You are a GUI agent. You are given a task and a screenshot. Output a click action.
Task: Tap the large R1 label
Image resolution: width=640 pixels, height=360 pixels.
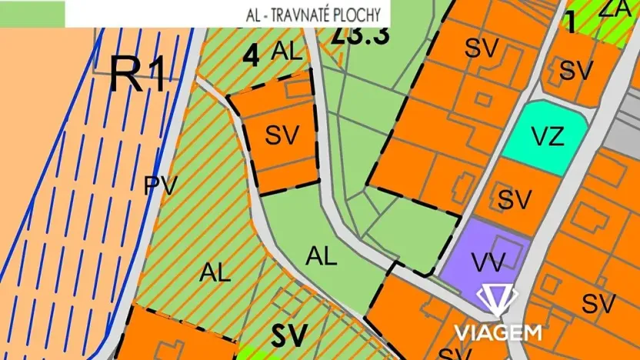click(x=138, y=75)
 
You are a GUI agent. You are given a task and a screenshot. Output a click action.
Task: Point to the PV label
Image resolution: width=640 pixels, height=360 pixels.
click(x=161, y=185)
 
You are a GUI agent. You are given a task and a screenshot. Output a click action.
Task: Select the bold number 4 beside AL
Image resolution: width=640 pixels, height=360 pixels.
click(x=250, y=57)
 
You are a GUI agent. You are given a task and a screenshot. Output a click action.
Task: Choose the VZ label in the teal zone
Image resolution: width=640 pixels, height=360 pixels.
click(x=549, y=138)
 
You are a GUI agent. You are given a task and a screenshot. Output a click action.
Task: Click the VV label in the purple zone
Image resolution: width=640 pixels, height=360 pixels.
click(x=488, y=262)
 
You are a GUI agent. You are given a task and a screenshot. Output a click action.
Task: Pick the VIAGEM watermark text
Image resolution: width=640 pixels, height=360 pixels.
click(x=498, y=332)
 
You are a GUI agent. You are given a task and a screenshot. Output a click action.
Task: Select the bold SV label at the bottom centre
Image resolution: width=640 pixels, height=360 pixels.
click(x=289, y=335)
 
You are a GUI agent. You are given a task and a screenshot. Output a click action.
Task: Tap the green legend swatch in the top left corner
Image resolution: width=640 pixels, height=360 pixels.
click(x=32, y=13)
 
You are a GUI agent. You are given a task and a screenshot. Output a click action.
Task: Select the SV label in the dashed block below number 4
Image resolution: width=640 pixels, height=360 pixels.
click(x=282, y=135)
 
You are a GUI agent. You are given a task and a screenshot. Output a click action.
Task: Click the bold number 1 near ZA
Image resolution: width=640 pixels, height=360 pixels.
click(x=570, y=22)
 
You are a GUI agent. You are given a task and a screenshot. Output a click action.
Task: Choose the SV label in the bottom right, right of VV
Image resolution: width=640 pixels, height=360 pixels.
click(x=598, y=303)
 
